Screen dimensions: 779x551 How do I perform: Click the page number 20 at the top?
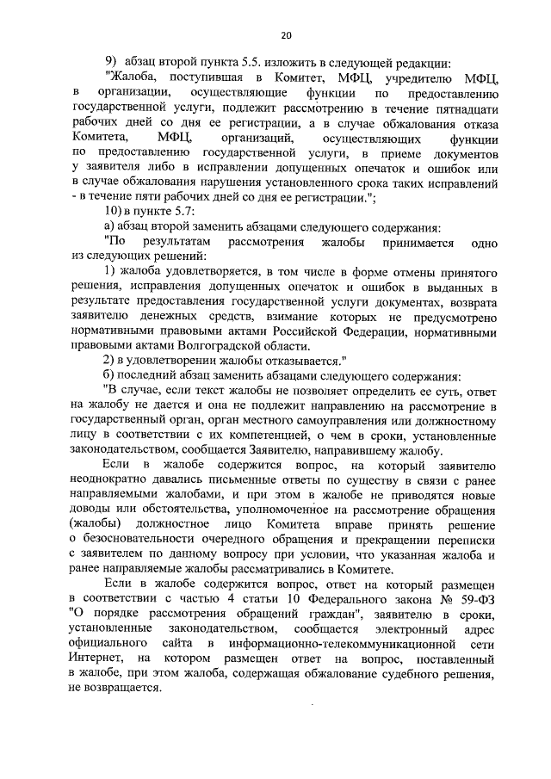(x=287, y=34)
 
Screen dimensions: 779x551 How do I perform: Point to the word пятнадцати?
(x=462, y=107)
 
